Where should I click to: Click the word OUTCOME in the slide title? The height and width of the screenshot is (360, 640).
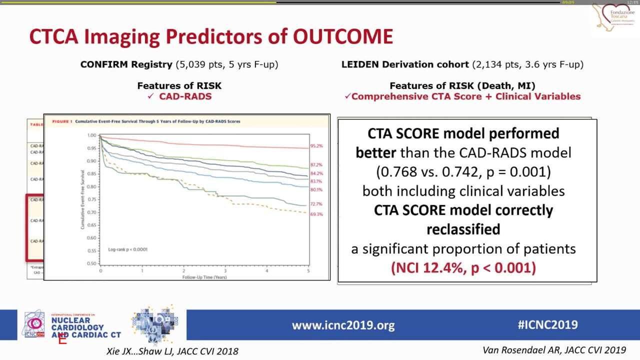pos(343,36)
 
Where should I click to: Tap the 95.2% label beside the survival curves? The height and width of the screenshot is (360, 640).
pos(316,146)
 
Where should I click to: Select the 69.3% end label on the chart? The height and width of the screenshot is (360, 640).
pos(316,214)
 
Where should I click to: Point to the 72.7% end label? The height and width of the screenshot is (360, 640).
pos(316,204)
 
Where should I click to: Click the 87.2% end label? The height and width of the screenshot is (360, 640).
pos(316,164)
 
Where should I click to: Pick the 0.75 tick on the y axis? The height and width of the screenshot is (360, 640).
pos(91,199)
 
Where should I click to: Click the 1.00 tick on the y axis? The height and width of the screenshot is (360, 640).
pos(91,135)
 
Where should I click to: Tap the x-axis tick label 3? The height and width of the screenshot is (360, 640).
pos(225,270)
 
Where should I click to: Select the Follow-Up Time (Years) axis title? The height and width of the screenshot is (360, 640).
pos(204,276)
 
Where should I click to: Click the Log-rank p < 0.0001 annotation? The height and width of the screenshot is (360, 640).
pos(127,249)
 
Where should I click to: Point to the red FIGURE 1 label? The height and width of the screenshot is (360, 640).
pos(62,121)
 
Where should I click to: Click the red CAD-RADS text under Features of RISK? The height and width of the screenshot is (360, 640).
pos(185,96)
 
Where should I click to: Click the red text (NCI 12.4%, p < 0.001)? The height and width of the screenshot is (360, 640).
pos(463,267)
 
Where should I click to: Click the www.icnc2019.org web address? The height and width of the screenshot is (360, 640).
pos(343,325)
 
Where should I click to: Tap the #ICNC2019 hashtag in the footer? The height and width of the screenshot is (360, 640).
pos(547,324)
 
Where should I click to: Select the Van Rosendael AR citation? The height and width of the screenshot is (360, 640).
pos(554,350)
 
